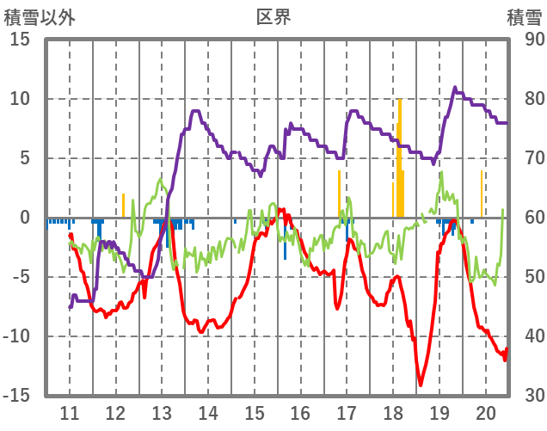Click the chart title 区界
(x=273, y=16)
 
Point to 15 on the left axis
(x=20, y=40)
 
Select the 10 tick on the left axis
(x=20, y=99)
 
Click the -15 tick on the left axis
(x=16, y=396)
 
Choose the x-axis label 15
(x=254, y=413)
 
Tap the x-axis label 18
(x=393, y=413)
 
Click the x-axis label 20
(x=485, y=413)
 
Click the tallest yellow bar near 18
(x=400, y=155)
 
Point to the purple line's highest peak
(x=455, y=88)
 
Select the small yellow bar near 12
(x=123, y=206)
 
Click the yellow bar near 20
(x=482, y=194)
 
